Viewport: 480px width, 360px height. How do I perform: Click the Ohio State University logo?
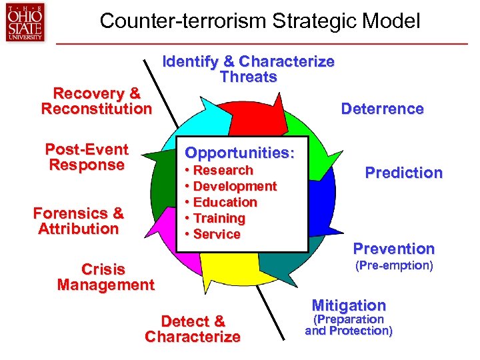25,21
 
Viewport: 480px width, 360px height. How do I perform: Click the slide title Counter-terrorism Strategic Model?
260,21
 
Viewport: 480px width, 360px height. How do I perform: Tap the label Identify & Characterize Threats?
249,69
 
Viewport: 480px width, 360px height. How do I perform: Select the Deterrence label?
382,109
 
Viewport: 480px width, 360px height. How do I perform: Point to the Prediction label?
403,173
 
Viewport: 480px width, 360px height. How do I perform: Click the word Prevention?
393,249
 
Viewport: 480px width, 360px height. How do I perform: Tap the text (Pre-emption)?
393,266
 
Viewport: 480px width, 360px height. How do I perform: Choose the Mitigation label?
349,305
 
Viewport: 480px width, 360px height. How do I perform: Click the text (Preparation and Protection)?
349,325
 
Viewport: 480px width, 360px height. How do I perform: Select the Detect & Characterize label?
193,329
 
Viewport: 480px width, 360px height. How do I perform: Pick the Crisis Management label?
105,277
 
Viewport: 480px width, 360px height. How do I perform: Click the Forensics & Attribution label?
79,221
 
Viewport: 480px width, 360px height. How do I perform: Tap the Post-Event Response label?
87,157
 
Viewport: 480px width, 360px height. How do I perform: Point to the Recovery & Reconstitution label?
97,101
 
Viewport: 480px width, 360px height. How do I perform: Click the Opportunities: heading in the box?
239,152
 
